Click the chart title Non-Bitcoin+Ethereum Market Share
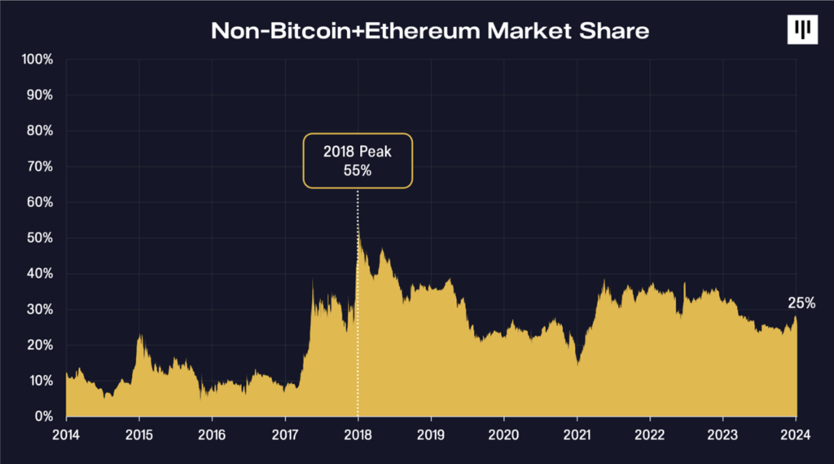430,31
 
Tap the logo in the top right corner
802,29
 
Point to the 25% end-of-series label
801,303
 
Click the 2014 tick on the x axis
66,434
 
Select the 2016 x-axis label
212,434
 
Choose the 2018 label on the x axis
358,434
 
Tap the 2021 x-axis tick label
577,434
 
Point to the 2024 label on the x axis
797,434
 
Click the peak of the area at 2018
358,232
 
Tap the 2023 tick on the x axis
723,434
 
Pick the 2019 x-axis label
431,434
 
